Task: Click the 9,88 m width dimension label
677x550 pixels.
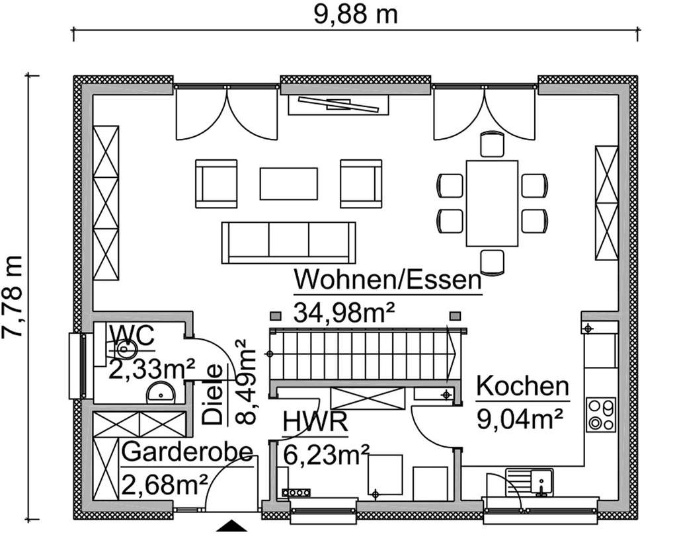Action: click(355, 13)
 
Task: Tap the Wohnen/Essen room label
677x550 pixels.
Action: click(387, 280)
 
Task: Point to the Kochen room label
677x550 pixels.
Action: click(522, 387)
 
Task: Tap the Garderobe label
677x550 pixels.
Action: click(188, 453)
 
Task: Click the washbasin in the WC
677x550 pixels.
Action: click(160, 393)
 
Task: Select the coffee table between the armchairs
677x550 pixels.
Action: click(288, 183)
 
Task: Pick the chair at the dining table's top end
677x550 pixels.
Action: click(492, 143)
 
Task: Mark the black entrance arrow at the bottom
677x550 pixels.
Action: click(231, 526)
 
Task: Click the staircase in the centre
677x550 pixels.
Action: click(362, 354)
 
